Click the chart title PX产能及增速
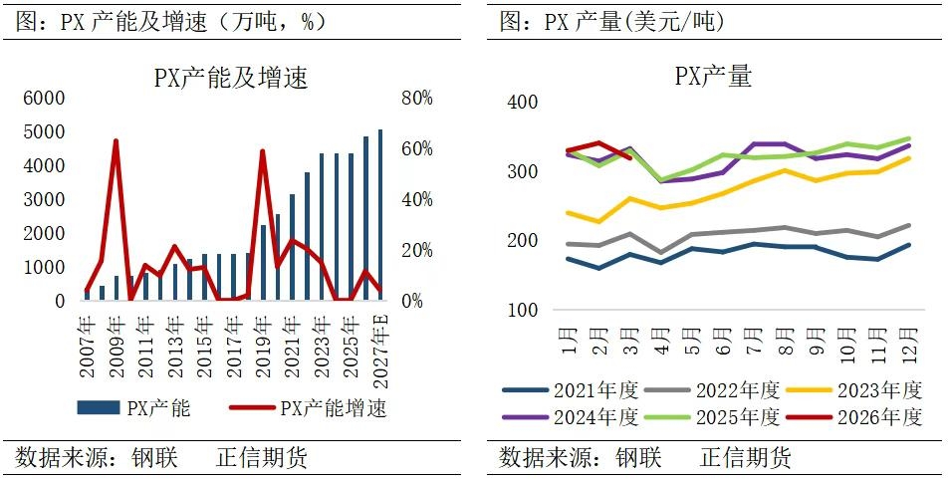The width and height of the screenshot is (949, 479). point(230,78)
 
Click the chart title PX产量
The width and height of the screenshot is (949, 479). point(712,76)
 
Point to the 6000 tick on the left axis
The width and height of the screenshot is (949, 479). point(44,98)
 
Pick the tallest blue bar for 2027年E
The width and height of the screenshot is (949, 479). point(380,215)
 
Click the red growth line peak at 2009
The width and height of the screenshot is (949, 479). point(116,140)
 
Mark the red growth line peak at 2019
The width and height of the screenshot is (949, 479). point(262,151)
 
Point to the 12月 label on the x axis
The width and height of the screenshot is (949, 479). point(908,339)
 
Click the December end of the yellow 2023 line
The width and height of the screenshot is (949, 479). point(908,158)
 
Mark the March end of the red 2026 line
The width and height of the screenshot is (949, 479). point(629,156)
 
